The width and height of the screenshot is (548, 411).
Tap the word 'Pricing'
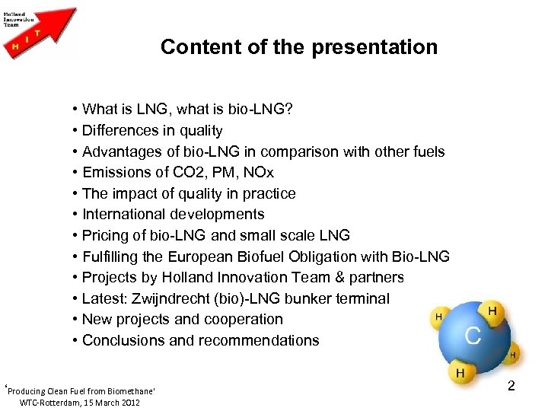(x=106, y=235)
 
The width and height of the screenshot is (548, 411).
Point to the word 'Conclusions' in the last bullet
(x=122, y=340)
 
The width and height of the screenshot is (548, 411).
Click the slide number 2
(x=511, y=386)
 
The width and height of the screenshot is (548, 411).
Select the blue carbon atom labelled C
(x=472, y=336)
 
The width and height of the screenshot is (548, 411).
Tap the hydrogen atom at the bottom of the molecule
(x=460, y=374)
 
